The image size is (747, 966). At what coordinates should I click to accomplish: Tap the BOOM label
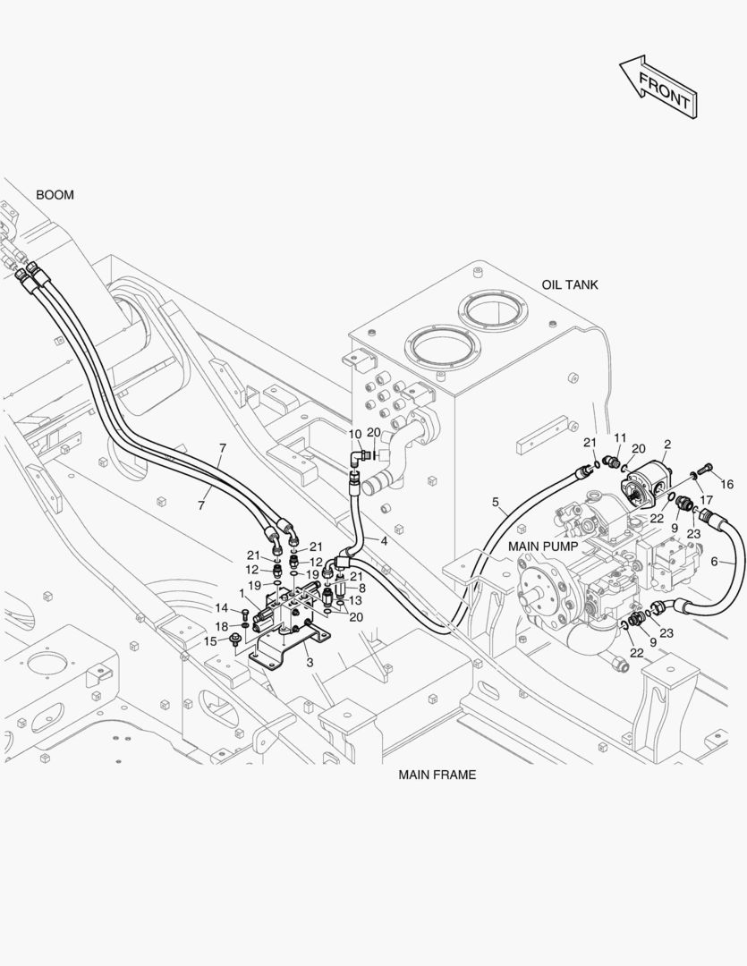pos(55,195)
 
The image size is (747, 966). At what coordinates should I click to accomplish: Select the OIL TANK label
pos(570,284)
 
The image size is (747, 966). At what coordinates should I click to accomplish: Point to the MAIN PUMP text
pos(543,547)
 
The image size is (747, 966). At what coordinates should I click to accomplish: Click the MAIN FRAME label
pos(437,775)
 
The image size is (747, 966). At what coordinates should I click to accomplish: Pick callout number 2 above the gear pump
pos(667,445)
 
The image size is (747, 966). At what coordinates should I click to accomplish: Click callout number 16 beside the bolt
pos(727,484)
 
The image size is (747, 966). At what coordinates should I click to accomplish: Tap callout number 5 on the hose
pos(496,502)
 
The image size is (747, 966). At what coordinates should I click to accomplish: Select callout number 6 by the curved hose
pos(714,561)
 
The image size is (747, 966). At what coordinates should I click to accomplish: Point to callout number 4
pos(384,541)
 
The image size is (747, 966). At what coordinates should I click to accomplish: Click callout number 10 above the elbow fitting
pos(355,434)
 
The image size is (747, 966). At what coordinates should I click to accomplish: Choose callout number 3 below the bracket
pos(310,663)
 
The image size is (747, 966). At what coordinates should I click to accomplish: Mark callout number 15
pos(210,641)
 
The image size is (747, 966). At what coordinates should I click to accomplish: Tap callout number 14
pos(221,608)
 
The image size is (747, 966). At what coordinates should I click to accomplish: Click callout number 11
pos(620,438)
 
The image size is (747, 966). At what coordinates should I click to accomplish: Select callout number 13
pos(355,601)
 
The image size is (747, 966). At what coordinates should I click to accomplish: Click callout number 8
pos(361,589)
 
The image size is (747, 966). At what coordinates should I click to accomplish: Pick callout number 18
pos(221,626)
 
